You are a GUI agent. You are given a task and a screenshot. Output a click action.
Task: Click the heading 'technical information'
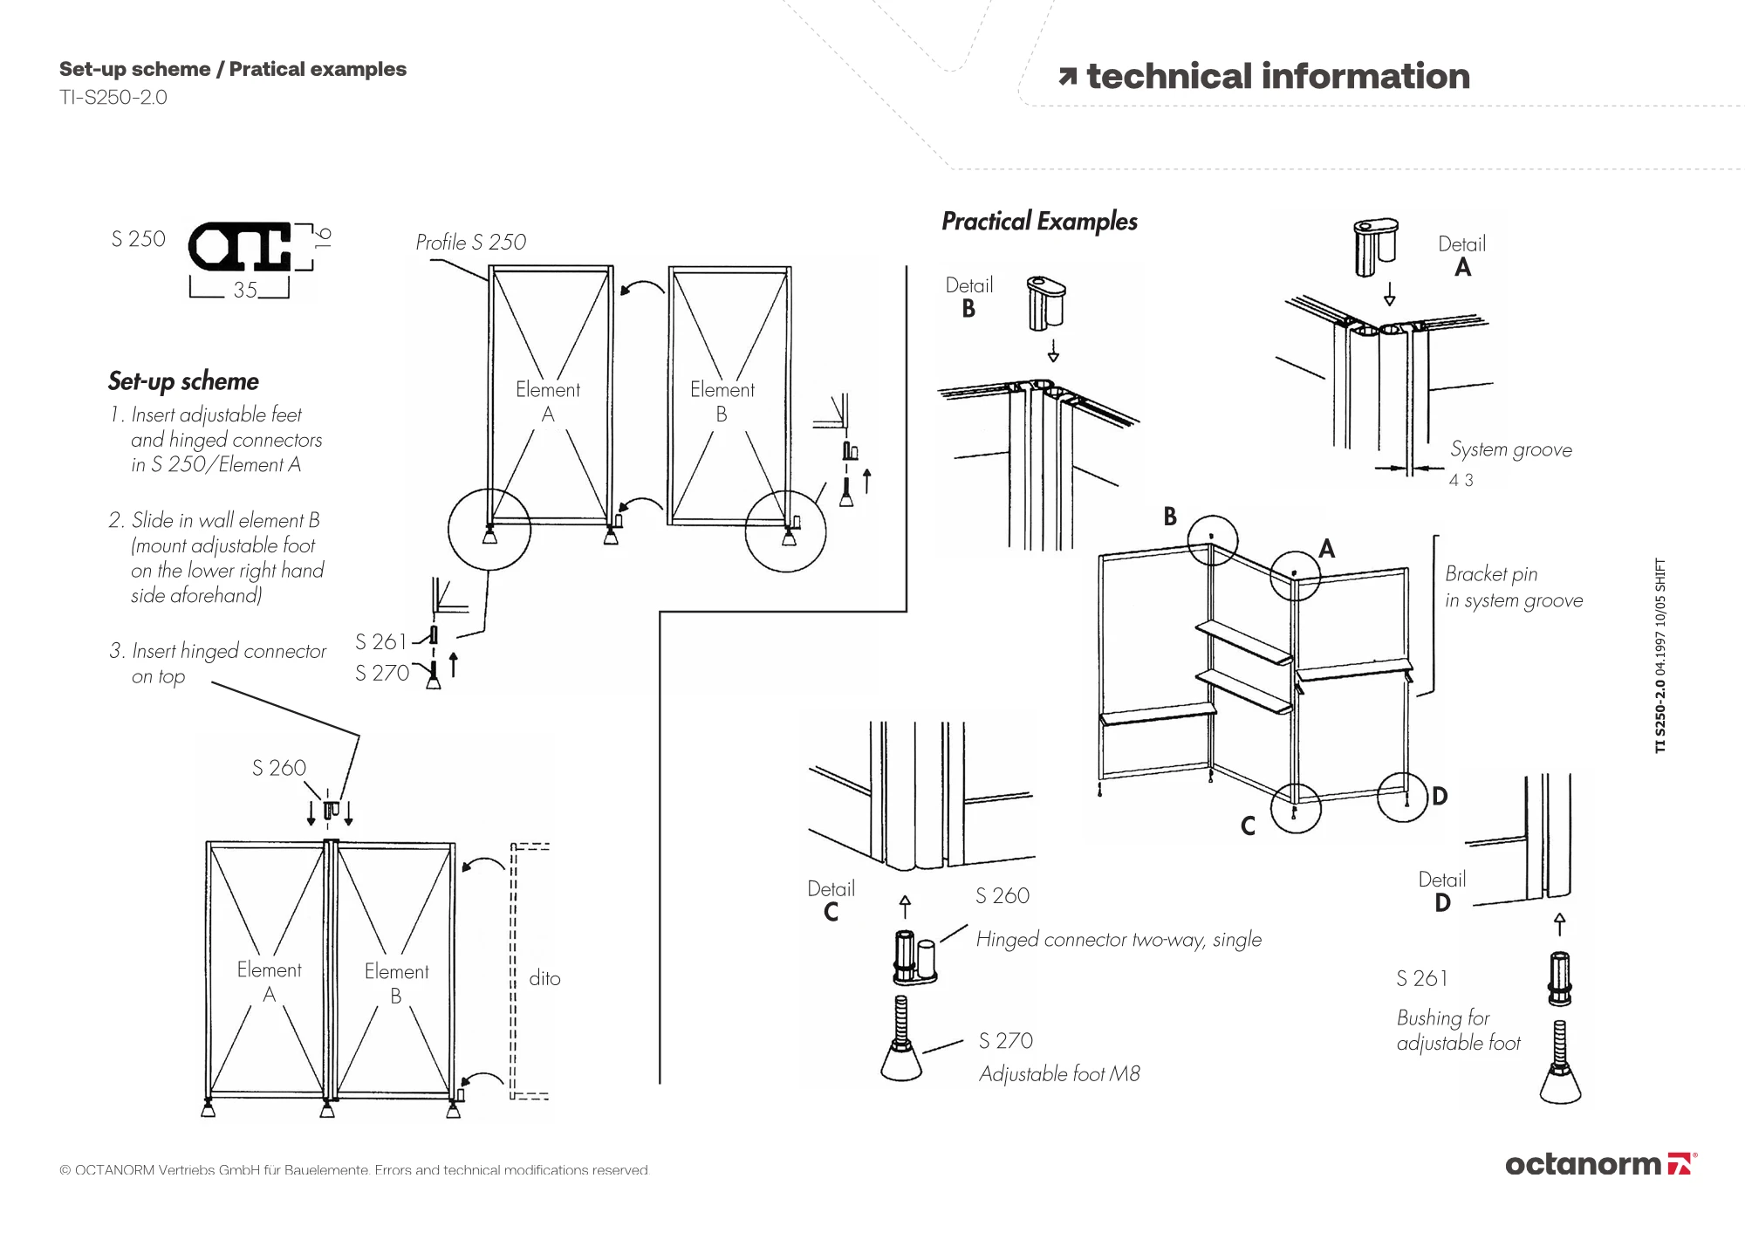point(1278,76)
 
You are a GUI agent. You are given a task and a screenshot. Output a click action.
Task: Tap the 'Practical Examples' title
point(1039,222)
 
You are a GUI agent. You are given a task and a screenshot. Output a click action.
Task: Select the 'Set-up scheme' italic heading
point(183,381)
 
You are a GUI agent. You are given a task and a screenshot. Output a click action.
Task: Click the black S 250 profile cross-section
point(240,246)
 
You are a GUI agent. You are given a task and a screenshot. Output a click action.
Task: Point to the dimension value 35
point(245,290)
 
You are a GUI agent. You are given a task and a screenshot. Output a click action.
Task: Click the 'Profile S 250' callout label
point(470,242)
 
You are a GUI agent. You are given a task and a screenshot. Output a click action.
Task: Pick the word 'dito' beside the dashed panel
point(544,978)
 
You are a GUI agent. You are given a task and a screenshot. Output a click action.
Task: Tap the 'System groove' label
point(1511,449)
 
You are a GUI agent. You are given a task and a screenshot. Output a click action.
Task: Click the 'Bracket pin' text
point(1491,574)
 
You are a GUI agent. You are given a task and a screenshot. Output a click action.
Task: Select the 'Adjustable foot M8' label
point(1059,1074)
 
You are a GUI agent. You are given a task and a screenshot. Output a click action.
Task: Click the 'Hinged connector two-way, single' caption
point(1119,940)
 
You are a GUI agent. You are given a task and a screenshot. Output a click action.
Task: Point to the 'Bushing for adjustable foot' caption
point(1458,1031)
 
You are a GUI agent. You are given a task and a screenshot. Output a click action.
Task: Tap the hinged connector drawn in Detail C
point(914,957)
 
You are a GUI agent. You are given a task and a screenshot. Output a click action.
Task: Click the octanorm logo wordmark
point(1583,1164)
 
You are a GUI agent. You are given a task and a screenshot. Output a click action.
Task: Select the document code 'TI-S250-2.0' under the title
point(113,98)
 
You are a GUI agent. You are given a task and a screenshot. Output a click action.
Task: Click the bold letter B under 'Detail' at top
point(968,309)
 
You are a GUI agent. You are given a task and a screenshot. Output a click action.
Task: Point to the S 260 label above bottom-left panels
point(279,768)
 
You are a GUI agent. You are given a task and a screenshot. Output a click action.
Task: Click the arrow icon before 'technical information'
point(1067,78)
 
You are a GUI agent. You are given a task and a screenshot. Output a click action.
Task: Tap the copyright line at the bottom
point(354,1170)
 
